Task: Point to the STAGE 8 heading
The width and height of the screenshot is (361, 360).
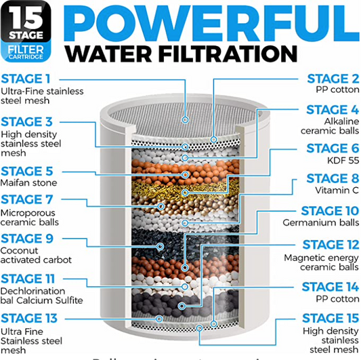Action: click(328, 178)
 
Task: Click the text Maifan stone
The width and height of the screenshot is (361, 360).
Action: click(28, 183)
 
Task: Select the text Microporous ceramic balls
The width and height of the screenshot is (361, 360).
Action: click(30, 217)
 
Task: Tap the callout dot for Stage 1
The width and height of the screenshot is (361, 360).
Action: click(186, 119)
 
